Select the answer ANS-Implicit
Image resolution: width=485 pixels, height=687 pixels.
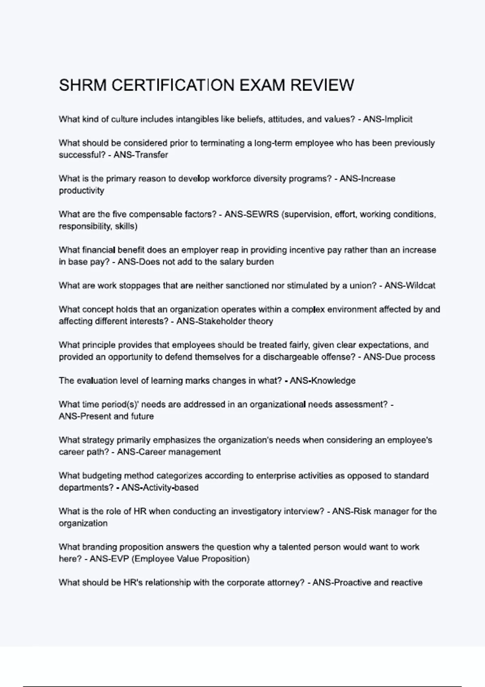(388, 119)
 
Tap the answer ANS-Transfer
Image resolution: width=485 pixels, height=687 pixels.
(141, 155)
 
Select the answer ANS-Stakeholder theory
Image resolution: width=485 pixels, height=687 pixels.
(225, 321)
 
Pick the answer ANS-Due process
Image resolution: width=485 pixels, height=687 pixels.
(399, 357)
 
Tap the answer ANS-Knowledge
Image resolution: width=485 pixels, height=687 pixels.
(323, 381)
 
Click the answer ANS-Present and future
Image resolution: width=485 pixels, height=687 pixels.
(106, 416)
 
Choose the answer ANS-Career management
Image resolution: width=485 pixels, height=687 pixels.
(169, 452)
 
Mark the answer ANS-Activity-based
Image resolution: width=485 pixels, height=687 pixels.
(160, 487)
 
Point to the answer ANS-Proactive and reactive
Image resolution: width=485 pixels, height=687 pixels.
(367, 583)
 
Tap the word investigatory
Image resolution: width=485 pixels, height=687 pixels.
(257, 511)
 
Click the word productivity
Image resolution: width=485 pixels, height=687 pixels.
(81, 191)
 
